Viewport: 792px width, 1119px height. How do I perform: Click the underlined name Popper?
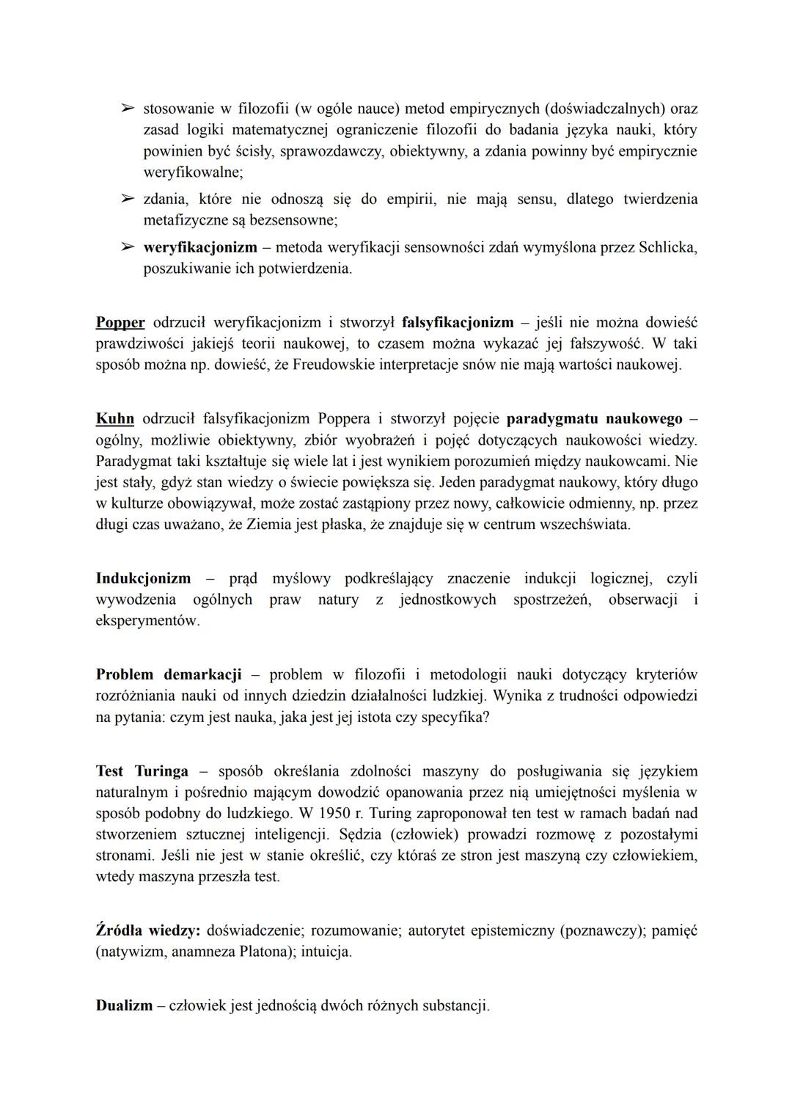[120, 323]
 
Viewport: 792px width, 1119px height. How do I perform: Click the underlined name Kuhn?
[115, 420]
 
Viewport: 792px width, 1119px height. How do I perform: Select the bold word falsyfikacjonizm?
[458, 323]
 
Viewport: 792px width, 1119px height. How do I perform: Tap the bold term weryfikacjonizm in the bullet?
[200, 247]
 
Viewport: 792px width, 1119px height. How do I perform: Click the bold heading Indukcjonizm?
[143, 578]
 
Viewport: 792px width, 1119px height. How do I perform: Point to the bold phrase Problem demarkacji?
[169, 674]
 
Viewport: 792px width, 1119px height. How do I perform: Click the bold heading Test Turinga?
[142, 771]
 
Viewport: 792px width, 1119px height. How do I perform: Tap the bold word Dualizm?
[123, 1005]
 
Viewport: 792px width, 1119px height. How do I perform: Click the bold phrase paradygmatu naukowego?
[594, 420]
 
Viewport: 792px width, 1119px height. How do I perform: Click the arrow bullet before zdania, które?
[128, 199]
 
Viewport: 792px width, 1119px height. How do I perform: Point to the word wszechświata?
[584, 525]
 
